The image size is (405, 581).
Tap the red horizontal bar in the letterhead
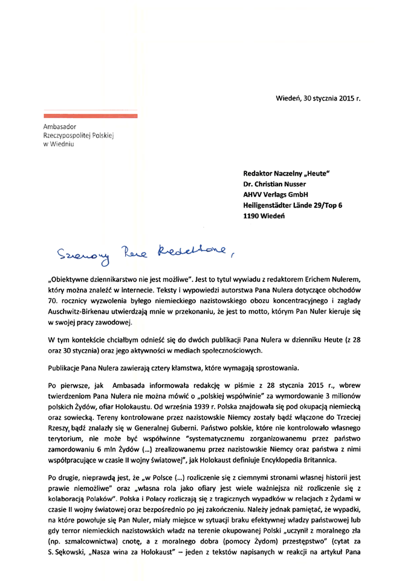(91, 114)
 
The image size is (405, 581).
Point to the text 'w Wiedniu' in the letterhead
(58, 146)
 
